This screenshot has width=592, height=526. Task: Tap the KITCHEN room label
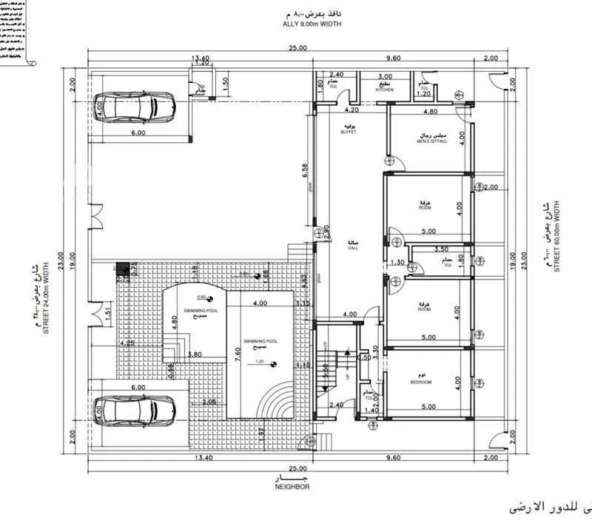(x=384, y=89)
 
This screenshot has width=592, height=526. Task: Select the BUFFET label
(x=349, y=129)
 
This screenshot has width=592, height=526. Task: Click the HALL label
(x=353, y=246)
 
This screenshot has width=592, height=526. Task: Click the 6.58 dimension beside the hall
(x=305, y=172)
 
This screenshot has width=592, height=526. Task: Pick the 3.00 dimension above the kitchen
(x=385, y=76)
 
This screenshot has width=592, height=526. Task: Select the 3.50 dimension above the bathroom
(x=443, y=250)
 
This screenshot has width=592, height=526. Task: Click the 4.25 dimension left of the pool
(x=126, y=344)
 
